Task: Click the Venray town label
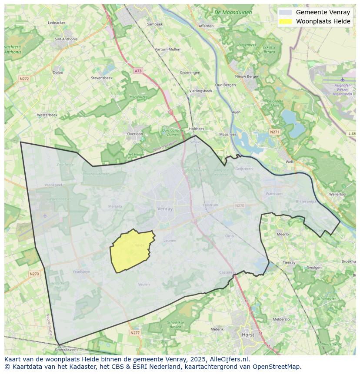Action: coord(165,209)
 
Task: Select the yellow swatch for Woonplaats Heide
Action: coord(285,21)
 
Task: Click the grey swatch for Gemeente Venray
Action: coord(285,13)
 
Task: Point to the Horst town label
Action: coord(248,335)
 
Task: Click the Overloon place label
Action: coord(135,134)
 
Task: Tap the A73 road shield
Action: coord(138,71)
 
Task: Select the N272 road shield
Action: coord(24,79)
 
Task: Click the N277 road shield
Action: coord(135,333)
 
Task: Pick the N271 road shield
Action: coord(274,132)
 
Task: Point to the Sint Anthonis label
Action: coord(66,39)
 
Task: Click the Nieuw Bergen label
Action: coord(247,76)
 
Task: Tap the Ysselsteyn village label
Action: coord(81,271)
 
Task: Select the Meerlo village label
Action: coord(283,234)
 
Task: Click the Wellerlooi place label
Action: coord(338,194)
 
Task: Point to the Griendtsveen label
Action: coord(66,349)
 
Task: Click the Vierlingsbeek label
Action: coord(201,91)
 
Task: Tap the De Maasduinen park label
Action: coord(233,13)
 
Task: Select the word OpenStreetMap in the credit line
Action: coord(277,367)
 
